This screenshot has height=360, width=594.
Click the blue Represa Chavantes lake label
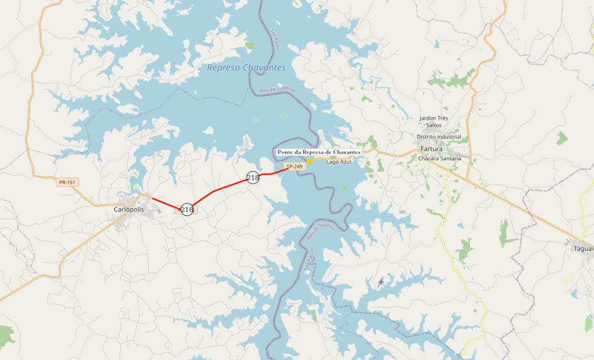246,67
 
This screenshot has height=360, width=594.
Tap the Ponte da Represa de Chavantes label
319,152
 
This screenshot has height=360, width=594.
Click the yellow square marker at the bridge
310,161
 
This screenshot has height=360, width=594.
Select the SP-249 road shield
294,167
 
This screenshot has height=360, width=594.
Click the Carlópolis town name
128,210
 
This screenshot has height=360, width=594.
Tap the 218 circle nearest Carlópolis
187,210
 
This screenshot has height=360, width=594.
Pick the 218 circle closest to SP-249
253,177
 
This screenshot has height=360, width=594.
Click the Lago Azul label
338,162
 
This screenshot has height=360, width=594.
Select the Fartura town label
431,149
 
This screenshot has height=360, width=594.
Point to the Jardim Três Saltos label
434,121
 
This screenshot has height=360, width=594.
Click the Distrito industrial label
439,137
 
